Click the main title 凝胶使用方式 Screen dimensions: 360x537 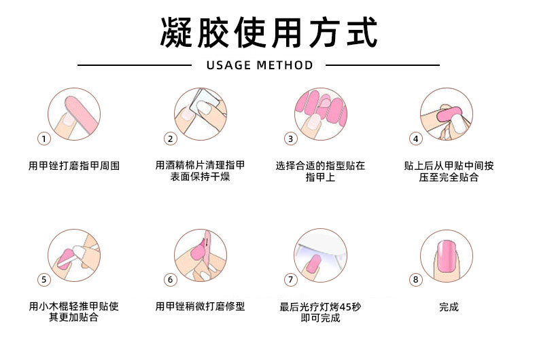[268, 32]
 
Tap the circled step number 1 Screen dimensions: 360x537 [44, 139]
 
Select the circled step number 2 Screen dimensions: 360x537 [170, 139]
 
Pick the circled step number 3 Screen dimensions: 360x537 [290, 139]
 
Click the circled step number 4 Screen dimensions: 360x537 [416, 139]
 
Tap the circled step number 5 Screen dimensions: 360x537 [44, 279]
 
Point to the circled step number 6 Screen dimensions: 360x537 [170, 279]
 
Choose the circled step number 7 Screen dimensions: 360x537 [290, 279]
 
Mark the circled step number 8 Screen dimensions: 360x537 [416, 279]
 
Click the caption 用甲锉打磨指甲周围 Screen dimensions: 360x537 [74, 166]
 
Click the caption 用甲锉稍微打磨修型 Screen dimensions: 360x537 [200, 307]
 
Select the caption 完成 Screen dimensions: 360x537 [449, 307]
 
